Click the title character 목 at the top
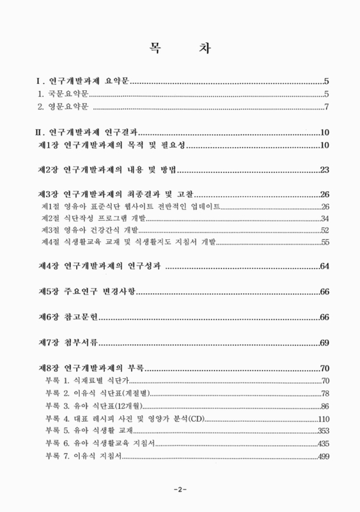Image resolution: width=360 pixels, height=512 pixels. tap(155, 47)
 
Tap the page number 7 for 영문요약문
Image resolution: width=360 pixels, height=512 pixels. tap(326, 106)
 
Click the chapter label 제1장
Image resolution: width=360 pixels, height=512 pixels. tap(49, 146)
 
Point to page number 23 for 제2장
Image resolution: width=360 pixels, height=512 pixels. tap(324, 170)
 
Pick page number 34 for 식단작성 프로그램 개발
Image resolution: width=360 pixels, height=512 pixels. tap(324, 218)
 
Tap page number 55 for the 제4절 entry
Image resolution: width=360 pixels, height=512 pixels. tap(324, 242)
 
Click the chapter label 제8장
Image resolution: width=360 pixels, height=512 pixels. tap(49, 369)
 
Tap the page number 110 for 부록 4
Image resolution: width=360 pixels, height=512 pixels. tap(322, 419)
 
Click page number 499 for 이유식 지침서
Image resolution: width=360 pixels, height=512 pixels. tap(322, 456)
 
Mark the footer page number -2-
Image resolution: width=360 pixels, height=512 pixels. tap(180, 490)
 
